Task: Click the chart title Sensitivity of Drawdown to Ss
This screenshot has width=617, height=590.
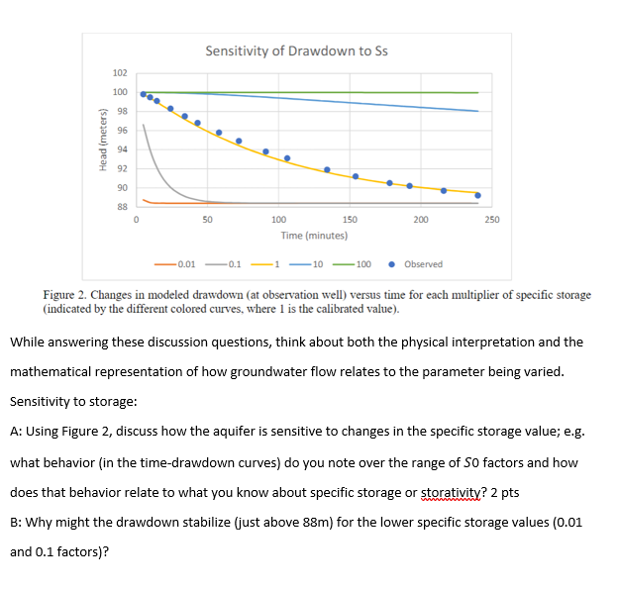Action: pos(296,50)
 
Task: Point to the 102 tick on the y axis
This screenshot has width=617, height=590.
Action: pos(120,73)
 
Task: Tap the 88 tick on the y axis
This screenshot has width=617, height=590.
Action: pos(121,206)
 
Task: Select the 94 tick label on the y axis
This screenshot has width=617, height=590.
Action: pos(121,149)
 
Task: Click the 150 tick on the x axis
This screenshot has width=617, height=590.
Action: pos(350,221)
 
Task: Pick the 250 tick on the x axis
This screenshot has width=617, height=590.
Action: pos(492,221)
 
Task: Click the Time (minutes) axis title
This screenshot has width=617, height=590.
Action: pos(313,236)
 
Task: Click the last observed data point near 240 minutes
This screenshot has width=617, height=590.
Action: pos(478,195)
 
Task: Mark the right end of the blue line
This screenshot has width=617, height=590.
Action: pos(478,111)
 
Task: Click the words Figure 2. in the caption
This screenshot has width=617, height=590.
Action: pos(67,295)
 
